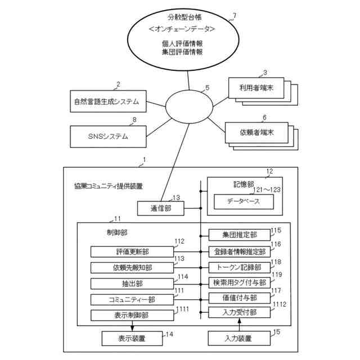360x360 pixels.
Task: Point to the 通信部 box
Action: point(160,208)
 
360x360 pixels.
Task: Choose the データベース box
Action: point(243,201)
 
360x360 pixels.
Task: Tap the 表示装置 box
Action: point(132,338)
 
